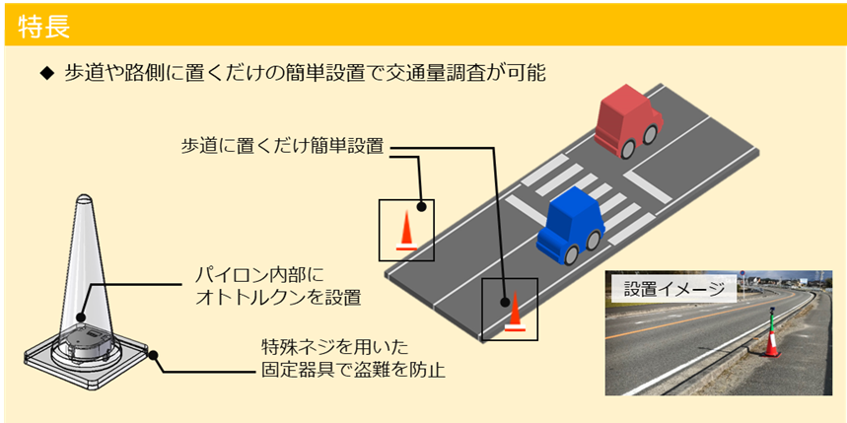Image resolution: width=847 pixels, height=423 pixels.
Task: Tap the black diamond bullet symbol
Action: click(45, 74)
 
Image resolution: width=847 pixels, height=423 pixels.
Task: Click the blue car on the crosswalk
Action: click(570, 227)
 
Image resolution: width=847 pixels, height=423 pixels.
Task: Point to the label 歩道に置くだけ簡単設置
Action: click(284, 145)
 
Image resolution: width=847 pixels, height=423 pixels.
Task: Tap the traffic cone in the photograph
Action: click(771, 338)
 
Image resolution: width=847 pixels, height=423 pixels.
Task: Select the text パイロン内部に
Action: click(258, 273)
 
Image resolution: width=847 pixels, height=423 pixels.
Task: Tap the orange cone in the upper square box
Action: click(406, 232)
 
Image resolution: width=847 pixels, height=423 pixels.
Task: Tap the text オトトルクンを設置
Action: click(276, 296)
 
